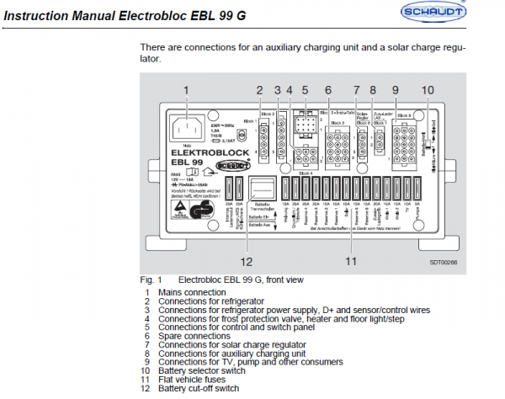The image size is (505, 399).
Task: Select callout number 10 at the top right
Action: (x=427, y=90)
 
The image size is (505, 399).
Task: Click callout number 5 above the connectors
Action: (x=305, y=90)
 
